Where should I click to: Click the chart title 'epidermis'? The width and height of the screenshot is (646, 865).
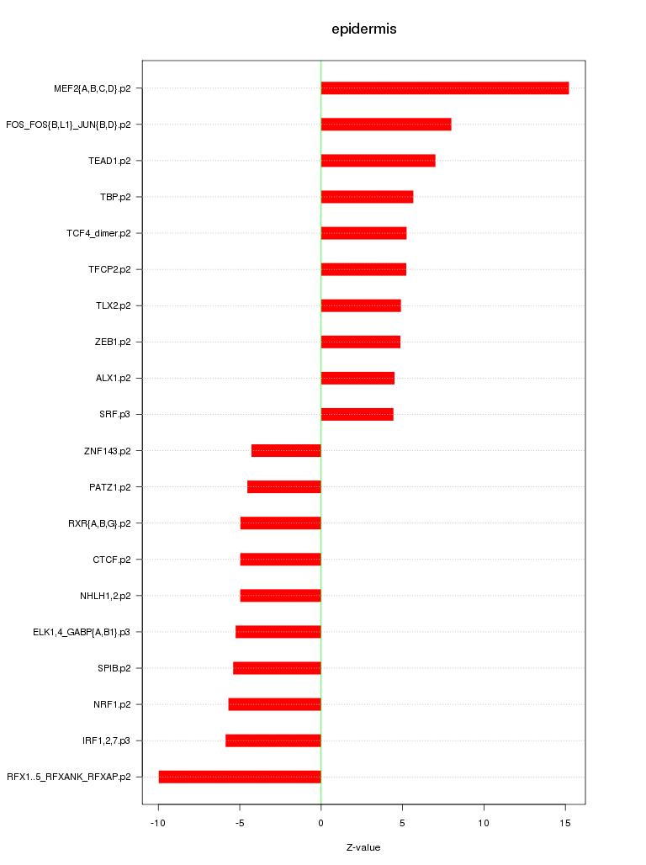(363, 29)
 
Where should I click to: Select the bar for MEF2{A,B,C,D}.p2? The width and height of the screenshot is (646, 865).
(444, 88)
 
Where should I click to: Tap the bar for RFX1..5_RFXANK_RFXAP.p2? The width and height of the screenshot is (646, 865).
(240, 777)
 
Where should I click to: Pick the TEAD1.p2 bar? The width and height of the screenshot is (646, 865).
(378, 161)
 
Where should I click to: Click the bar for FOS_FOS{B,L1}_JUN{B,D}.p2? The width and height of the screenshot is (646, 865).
(386, 125)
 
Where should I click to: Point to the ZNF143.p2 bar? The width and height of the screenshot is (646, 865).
(286, 450)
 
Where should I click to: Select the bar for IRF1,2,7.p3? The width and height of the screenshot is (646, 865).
(273, 740)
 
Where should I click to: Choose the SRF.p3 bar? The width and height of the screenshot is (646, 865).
(357, 414)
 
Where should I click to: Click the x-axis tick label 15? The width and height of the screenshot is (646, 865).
(565, 822)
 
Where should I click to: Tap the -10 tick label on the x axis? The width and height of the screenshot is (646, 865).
(157, 822)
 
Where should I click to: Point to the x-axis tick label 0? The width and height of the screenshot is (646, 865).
(320, 822)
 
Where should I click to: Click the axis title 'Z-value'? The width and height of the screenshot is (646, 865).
(363, 847)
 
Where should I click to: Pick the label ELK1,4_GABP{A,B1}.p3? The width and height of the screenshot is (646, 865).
(82, 632)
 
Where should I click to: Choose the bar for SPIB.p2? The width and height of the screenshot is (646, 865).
(277, 668)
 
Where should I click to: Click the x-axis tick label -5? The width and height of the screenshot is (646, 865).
(239, 822)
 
